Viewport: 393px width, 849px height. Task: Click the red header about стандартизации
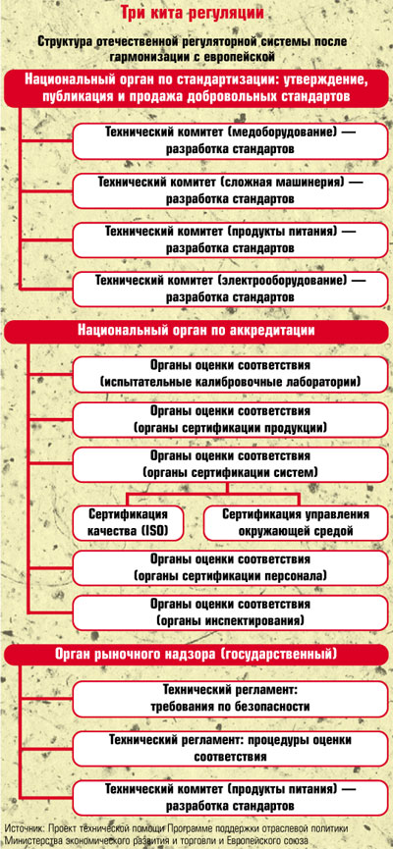pyautogui.click(x=196, y=88)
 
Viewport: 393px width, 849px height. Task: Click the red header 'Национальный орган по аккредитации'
pyautogui.click(x=196, y=331)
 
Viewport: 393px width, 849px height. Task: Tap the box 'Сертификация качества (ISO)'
pyautogui.click(x=128, y=523)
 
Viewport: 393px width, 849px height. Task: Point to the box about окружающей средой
pyautogui.click(x=296, y=523)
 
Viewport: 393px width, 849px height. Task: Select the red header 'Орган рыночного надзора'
pyautogui.click(x=196, y=654)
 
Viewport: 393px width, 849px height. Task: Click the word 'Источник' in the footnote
pyautogui.click(x=24, y=828)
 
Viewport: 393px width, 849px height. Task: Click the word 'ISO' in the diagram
pyautogui.click(x=154, y=531)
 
